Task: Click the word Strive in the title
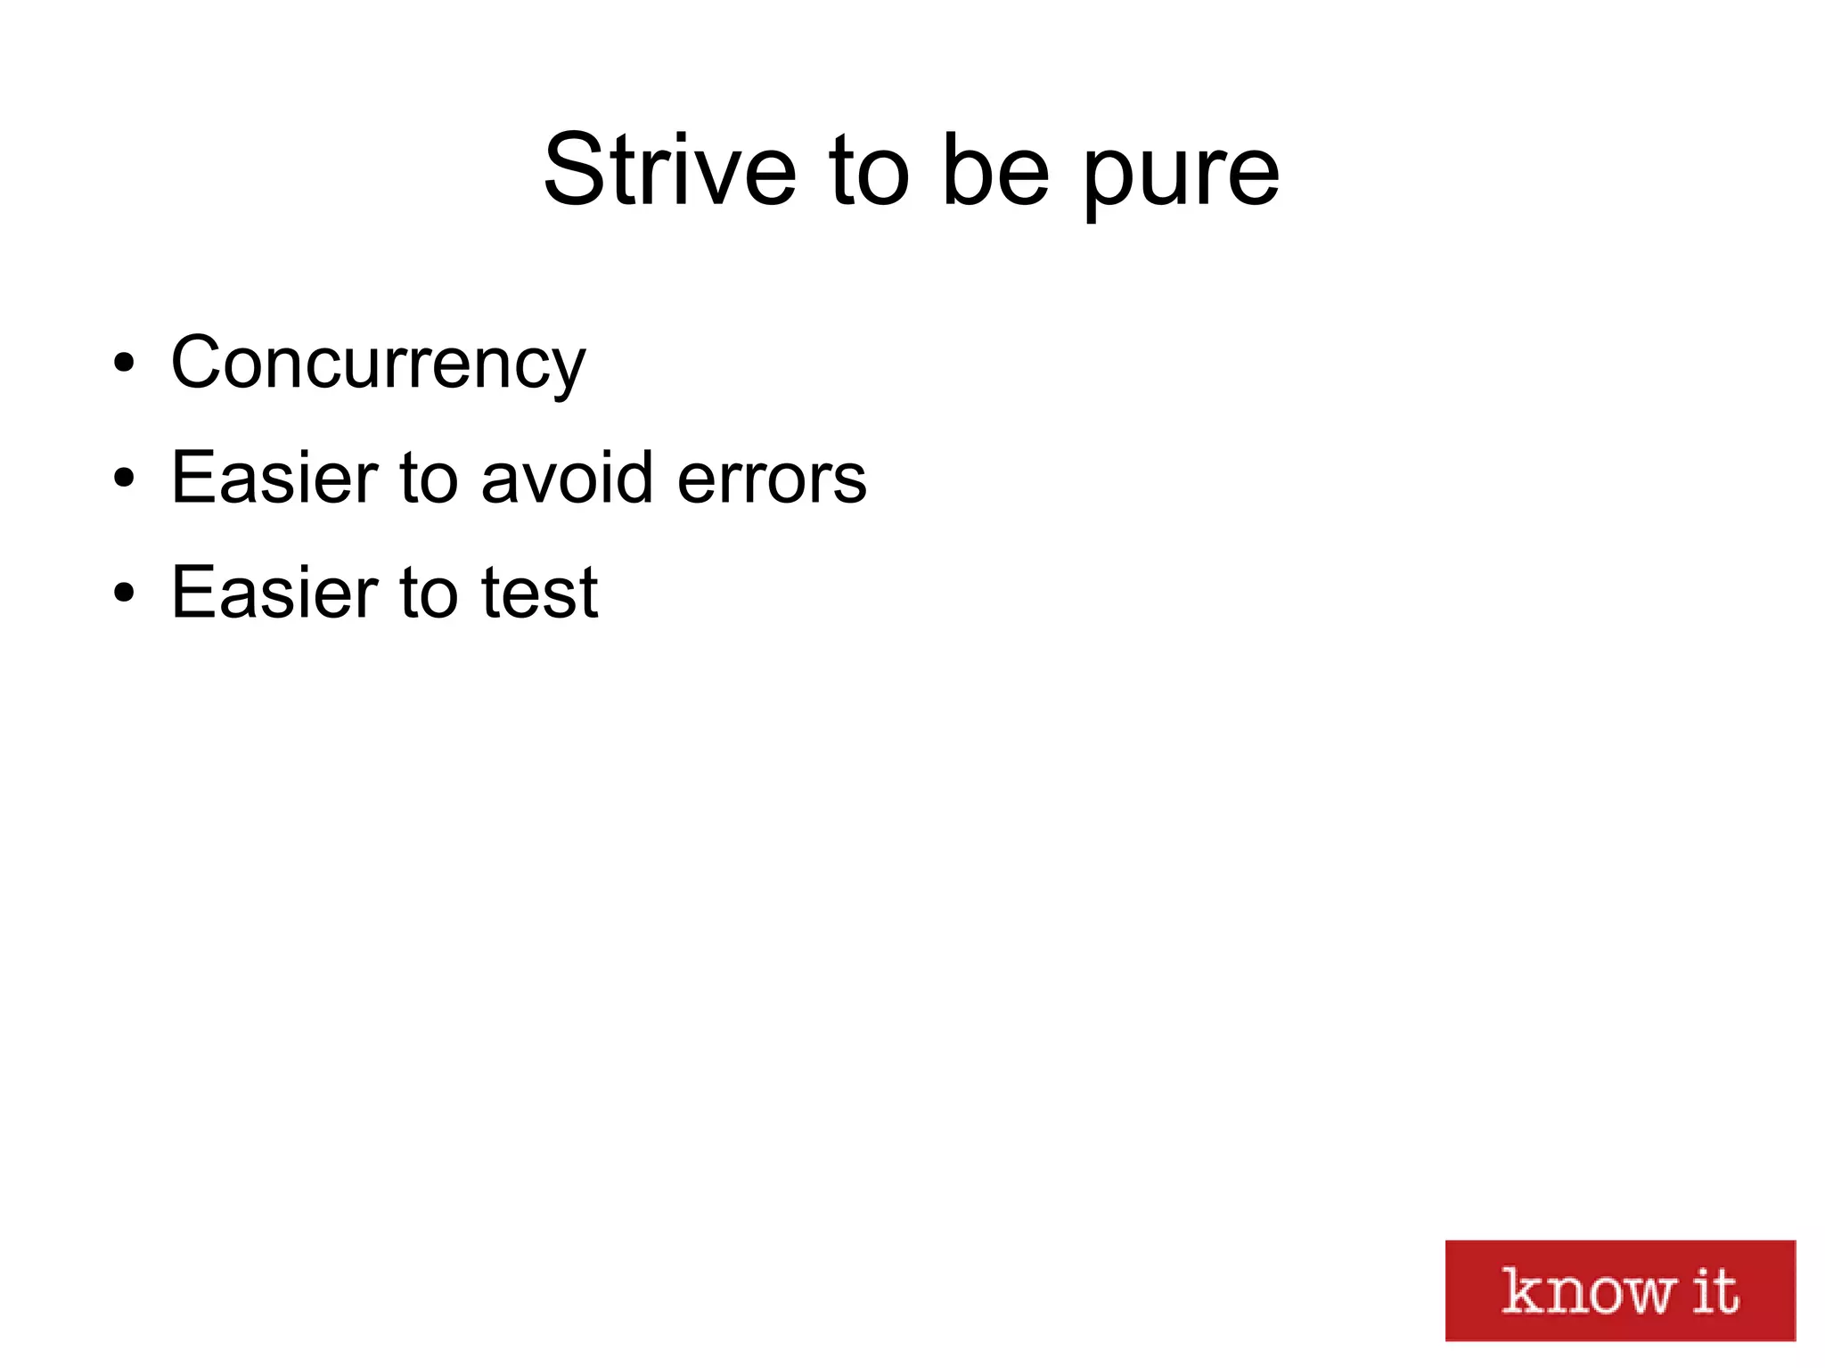pos(669,170)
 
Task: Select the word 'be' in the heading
pos(995,170)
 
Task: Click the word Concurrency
pos(378,364)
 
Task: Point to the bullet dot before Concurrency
pos(124,364)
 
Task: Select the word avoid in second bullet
pos(568,478)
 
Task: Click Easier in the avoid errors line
pos(274,478)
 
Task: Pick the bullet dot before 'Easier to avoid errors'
pos(124,479)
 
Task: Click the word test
pos(539,593)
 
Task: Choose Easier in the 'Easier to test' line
pos(274,593)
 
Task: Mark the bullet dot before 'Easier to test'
pos(124,594)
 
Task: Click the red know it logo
pos(1619,1290)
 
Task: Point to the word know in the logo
pos(1589,1291)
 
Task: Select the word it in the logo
pos(1715,1290)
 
